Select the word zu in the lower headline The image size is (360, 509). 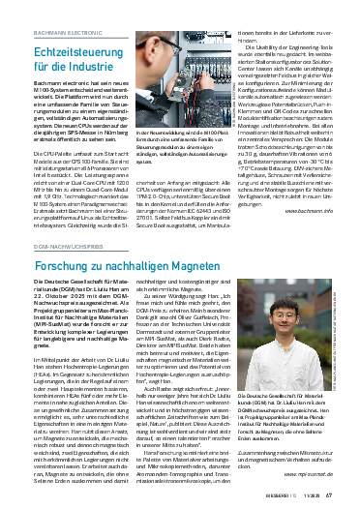pos(111,263)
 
